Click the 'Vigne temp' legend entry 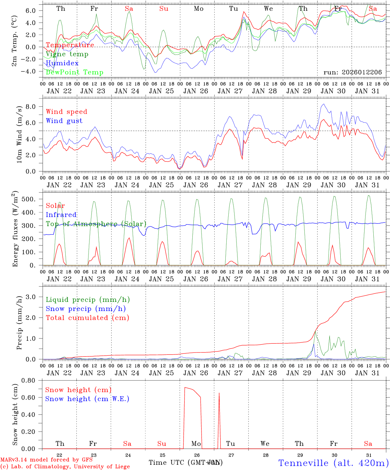point(67,54)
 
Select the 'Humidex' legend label point(62,63)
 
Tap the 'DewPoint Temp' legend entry point(74,72)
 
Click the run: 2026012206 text point(352,72)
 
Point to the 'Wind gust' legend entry point(64,121)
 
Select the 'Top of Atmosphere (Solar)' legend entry point(96,224)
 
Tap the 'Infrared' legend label point(61,215)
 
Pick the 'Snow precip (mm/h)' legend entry point(86,309)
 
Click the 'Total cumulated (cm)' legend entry point(87,318)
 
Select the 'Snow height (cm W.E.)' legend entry point(87,399)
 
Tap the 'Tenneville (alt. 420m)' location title point(333,463)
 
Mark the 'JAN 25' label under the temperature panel point(161,91)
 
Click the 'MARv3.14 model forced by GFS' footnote point(46,460)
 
